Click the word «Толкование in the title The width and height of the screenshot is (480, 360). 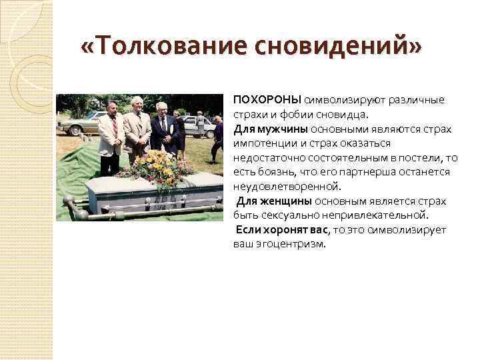[160, 49]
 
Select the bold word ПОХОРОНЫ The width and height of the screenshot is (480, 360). [267, 100]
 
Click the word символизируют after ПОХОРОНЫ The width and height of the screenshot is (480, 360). [339, 100]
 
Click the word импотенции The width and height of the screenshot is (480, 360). [266, 143]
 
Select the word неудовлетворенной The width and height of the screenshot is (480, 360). [287, 187]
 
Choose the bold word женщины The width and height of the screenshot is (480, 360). [287, 201]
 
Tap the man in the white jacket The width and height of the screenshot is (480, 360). [110, 133]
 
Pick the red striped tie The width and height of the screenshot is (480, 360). [115, 127]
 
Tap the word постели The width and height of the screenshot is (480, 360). [427, 157]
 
